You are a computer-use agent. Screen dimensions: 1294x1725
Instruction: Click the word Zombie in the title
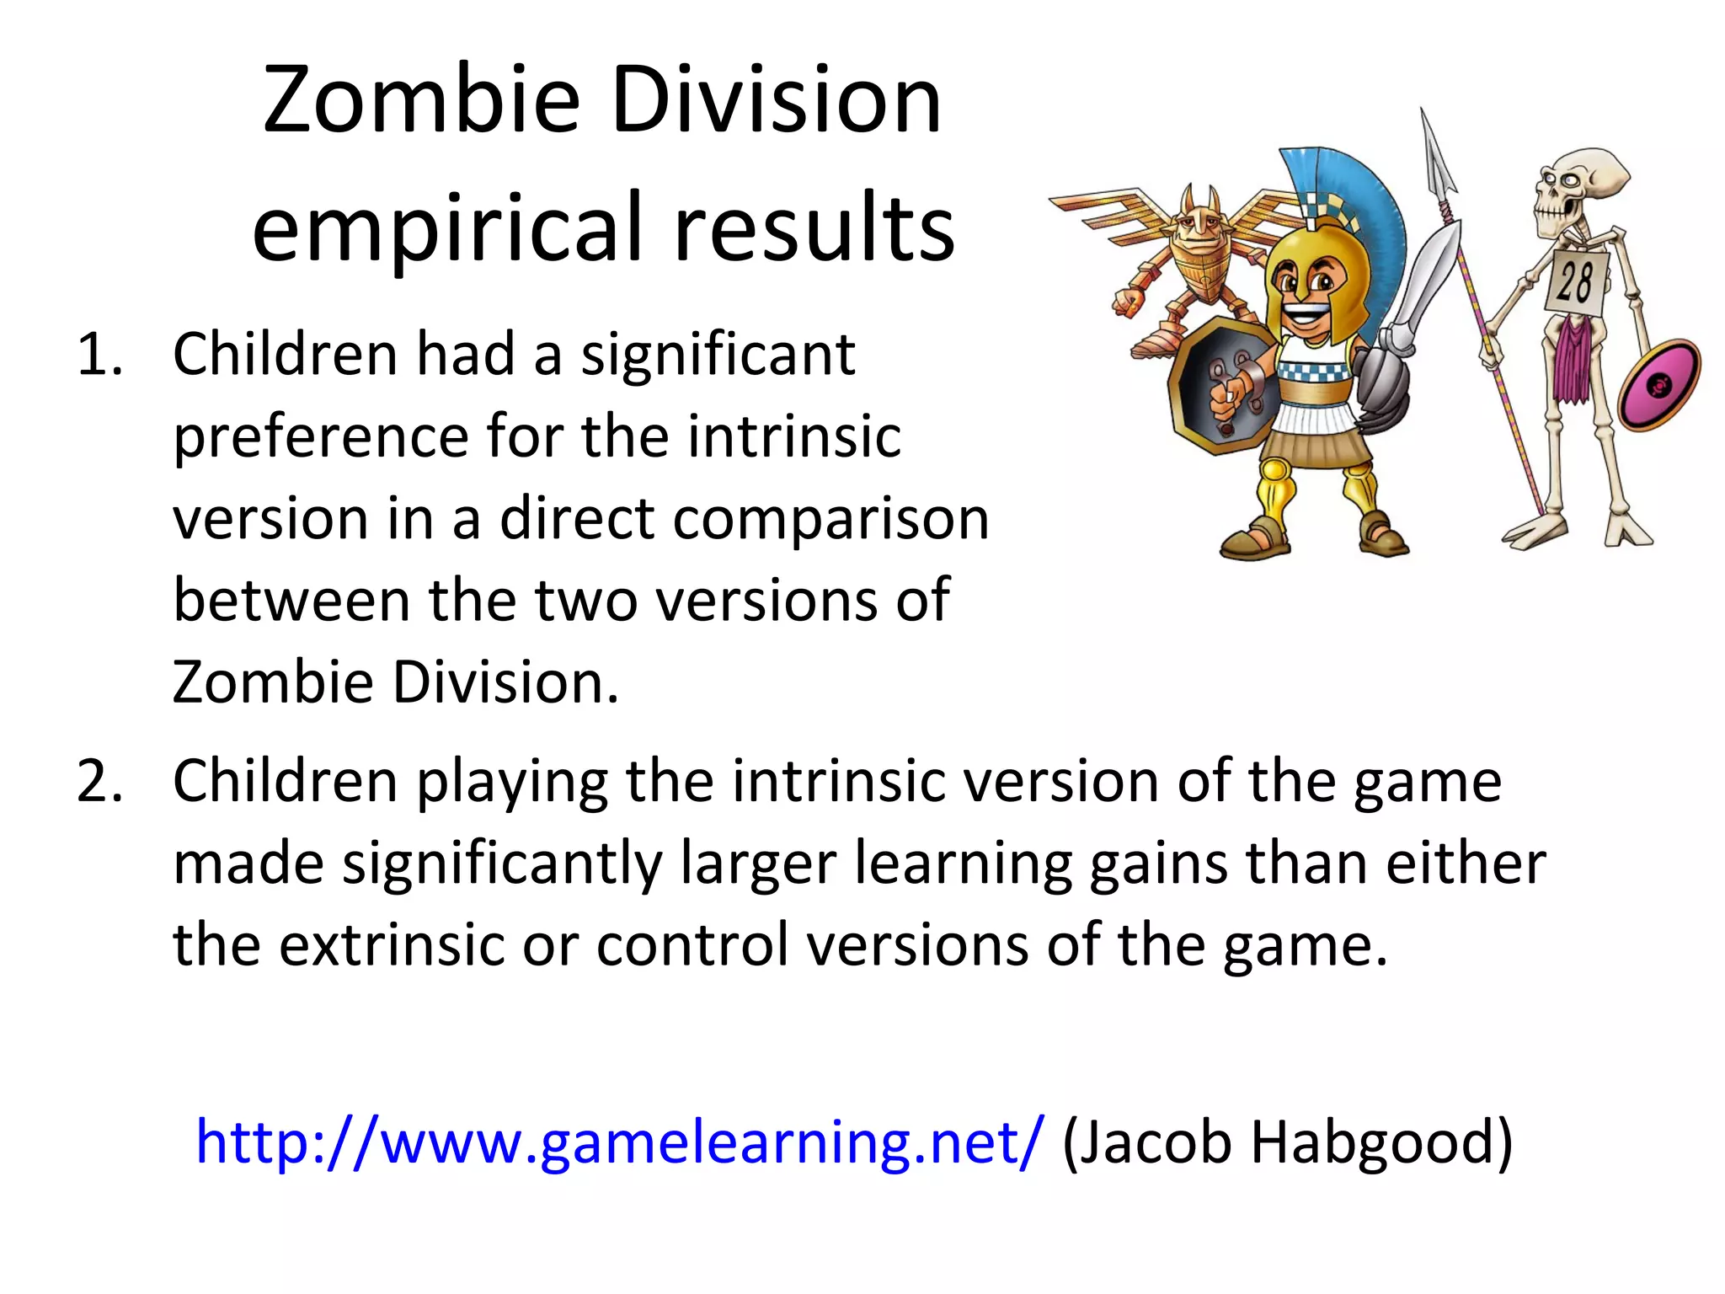coord(421,101)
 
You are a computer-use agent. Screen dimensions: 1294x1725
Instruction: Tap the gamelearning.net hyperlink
coord(619,1142)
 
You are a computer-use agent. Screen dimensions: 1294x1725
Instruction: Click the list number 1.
coord(99,356)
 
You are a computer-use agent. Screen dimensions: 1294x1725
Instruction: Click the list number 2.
coord(99,782)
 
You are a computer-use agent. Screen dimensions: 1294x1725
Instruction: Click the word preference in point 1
coord(320,438)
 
